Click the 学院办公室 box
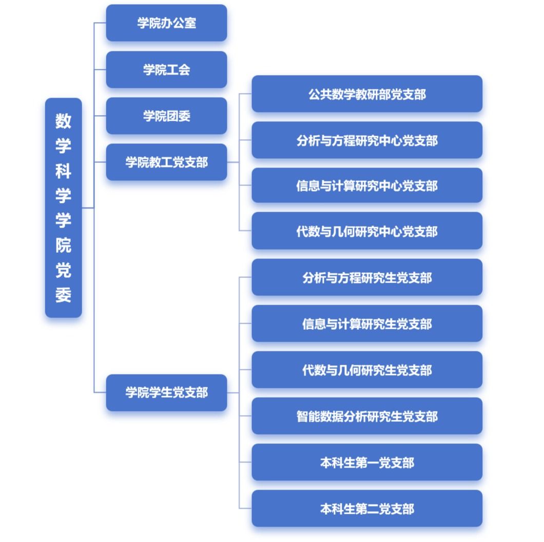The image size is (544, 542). point(166,23)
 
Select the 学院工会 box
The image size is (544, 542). point(166,69)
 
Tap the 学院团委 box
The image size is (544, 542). point(166,116)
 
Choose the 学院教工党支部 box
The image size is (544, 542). point(166,162)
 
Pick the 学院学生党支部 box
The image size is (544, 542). point(166,393)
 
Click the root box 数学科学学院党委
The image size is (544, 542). point(63,208)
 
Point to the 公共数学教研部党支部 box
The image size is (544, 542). point(367,94)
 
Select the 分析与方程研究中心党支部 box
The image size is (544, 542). point(367,140)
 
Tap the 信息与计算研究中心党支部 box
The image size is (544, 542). point(367,185)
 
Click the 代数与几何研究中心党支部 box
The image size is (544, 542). point(367,231)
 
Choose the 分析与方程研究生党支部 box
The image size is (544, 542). point(367,277)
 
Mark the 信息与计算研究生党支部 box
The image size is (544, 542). point(367,324)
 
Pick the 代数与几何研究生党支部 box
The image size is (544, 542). point(367,370)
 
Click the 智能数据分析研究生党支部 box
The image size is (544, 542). point(367,416)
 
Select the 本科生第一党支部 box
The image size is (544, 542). point(367,462)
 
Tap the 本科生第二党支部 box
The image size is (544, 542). point(367,509)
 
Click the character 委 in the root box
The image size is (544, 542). point(63,294)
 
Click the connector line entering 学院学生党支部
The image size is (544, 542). point(100,393)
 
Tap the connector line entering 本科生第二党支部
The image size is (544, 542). point(245,509)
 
